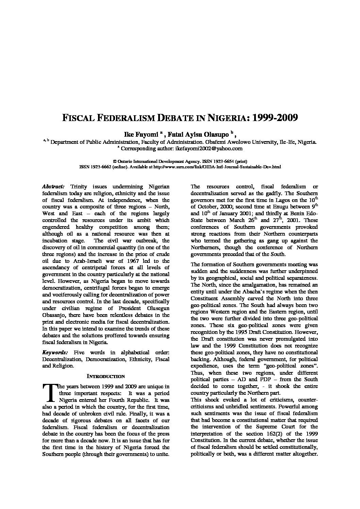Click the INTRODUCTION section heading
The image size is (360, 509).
(106, 376)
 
